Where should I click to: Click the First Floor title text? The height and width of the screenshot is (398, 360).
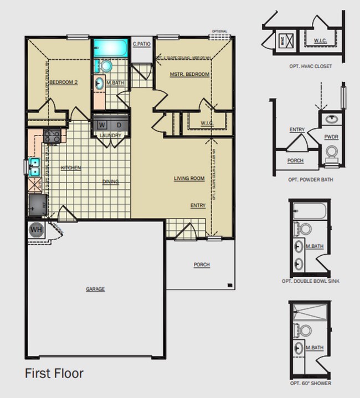point(54,373)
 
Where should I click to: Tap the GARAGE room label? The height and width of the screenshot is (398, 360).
point(95,289)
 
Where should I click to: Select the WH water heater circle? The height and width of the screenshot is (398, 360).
point(36,229)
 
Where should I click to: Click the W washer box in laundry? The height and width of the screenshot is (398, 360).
point(102,125)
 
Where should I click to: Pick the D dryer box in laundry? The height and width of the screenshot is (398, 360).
point(119,125)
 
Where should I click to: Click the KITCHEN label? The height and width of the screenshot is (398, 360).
point(71,168)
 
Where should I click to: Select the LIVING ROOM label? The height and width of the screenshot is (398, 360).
point(189,178)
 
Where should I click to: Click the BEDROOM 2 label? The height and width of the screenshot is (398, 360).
point(63,82)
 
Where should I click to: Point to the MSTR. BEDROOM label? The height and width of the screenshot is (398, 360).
point(189,74)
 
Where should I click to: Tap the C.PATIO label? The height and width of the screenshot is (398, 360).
point(141,44)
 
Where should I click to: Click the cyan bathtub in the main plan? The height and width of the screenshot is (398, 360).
point(110,48)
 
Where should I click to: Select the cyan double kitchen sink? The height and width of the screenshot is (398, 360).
point(33,167)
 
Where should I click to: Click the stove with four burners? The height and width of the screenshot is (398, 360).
point(52,135)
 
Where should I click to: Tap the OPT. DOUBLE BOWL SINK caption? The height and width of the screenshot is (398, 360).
point(310,281)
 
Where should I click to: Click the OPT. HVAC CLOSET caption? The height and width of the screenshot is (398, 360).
point(310,66)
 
